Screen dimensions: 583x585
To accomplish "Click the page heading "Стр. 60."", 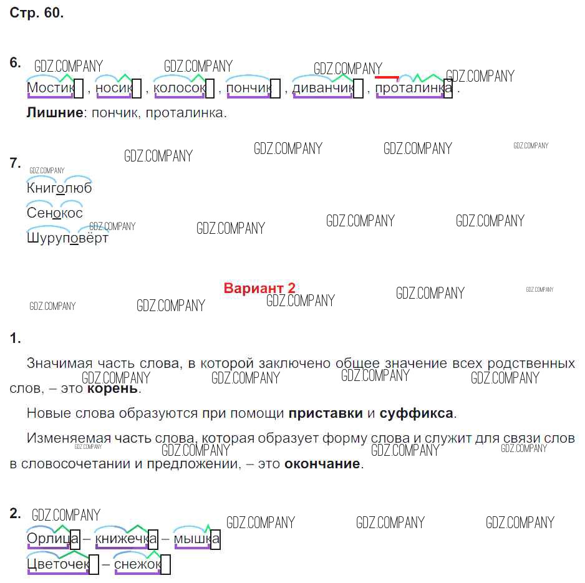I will (x=37, y=13).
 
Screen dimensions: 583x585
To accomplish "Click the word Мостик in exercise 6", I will (x=50, y=89).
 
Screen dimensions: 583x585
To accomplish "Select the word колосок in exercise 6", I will (x=178, y=89).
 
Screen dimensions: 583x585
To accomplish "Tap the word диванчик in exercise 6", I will (x=322, y=89).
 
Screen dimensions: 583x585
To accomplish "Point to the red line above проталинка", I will (x=387, y=77).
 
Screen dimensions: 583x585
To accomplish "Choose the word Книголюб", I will (x=59, y=188).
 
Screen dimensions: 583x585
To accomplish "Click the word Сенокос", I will (x=55, y=213).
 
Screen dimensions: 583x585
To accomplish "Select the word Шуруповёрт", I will (x=67, y=238).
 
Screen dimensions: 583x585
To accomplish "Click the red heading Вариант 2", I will (x=259, y=288).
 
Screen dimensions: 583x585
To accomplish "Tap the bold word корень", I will (x=112, y=388).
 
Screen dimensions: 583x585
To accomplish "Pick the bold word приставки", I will (x=325, y=413).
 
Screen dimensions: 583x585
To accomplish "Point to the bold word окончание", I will (x=322, y=463).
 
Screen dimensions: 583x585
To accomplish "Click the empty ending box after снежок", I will (x=166, y=565).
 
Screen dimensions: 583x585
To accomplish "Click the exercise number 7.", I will (x=16, y=163).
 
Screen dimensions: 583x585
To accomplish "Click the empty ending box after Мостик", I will (x=79, y=89).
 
